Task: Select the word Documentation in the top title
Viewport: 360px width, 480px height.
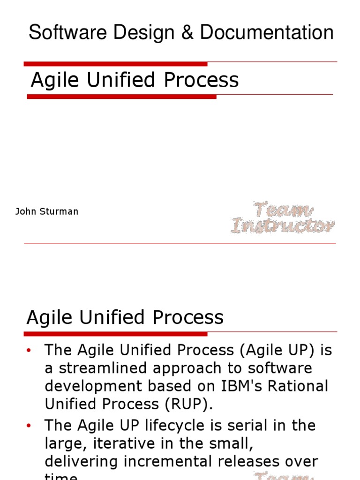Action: coord(267,33)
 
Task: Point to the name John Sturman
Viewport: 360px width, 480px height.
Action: coord(47,211)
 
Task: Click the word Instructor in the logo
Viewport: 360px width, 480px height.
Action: coord(283,226)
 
